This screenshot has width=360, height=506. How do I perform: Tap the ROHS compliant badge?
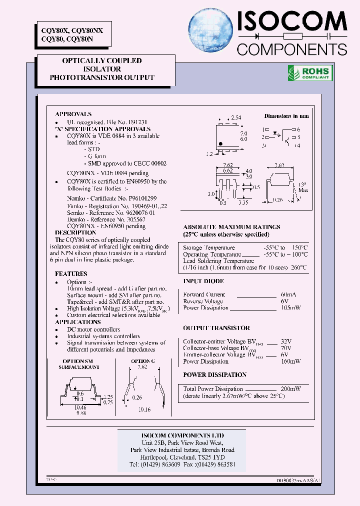coord(308,73)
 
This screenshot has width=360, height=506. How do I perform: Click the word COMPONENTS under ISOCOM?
coord(291,48)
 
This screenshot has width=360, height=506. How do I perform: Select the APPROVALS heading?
coord(73,114)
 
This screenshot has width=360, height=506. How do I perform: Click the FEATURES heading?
coord(71,274)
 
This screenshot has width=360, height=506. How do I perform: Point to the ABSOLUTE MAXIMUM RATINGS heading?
coord(231,227)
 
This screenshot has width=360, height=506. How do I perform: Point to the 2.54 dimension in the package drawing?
coord(235,117)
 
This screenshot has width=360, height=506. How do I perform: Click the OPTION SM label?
coord(77,361)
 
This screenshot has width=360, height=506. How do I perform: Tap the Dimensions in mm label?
coord(286,116)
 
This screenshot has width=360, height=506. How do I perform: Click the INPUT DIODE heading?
coord(203,281)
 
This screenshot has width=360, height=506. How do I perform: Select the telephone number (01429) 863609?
coord(161,464)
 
